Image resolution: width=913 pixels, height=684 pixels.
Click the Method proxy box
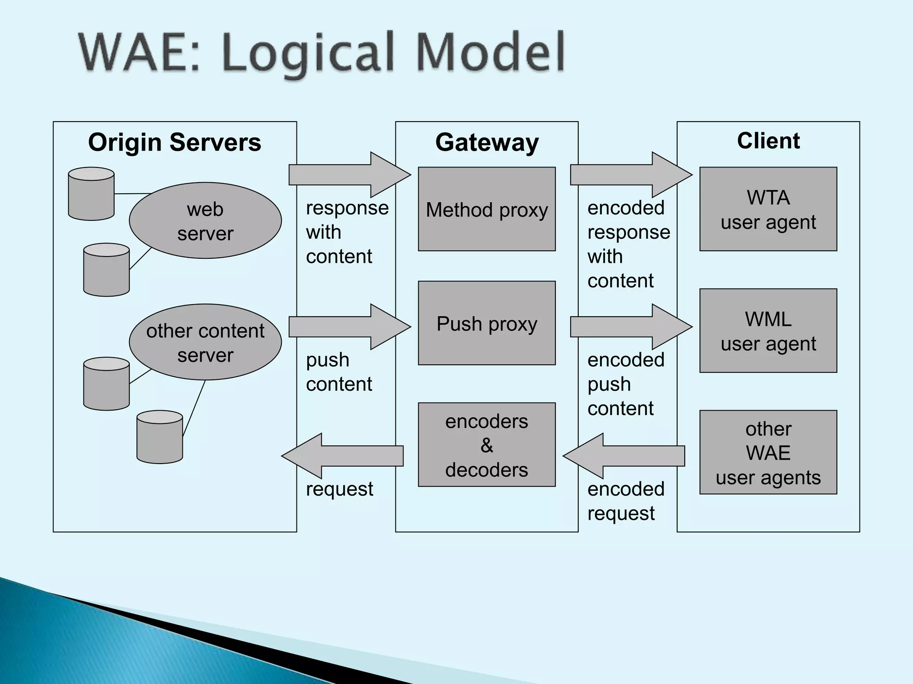[x=486, y=209]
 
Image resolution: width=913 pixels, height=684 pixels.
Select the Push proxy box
[x=486, y=323]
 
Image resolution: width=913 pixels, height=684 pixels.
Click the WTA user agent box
[x=768, y=209]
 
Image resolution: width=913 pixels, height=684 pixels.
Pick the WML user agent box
[x=768, y=330]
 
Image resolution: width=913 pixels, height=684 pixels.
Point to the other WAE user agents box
[x=768, y=452]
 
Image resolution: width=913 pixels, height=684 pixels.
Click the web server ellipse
[x=205, y=220]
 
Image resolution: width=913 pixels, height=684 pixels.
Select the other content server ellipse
[x=205, y=342]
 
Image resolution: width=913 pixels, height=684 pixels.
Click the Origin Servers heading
[x=174, y=142]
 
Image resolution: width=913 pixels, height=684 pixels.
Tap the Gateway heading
[x=487, y=142]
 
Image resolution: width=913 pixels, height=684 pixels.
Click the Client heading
[x=768, y=141]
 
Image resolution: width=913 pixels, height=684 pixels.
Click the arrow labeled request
[x=343, y=456]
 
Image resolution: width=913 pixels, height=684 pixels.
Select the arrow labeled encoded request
[x=624, y=456]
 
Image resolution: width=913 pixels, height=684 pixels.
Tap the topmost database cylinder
[x=91, y=194]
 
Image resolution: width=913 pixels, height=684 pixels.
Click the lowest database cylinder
[x=160, y=437]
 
